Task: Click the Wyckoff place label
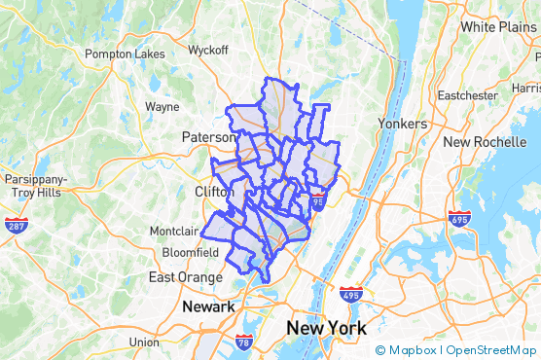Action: (x=206, y=50)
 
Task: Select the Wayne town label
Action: (x=162, y=107)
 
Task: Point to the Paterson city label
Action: (x=208, y=138)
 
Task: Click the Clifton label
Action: (x=214, y=193)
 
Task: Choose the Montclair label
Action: (x=173, y=231)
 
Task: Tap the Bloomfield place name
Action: (x=191, y=252)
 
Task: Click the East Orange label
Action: (x=182, y=277)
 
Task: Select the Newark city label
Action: (x=208, y=306)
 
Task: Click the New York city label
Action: (x=326, y=328)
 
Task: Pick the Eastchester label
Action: (x=468, y=95)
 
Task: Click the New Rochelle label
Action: (x=484, y=142)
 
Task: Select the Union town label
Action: (x=144, y=342)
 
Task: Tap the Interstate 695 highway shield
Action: (x=459, y=217)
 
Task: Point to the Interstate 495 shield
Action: (x=351, y=293)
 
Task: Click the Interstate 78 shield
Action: (x=243, y=342)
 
